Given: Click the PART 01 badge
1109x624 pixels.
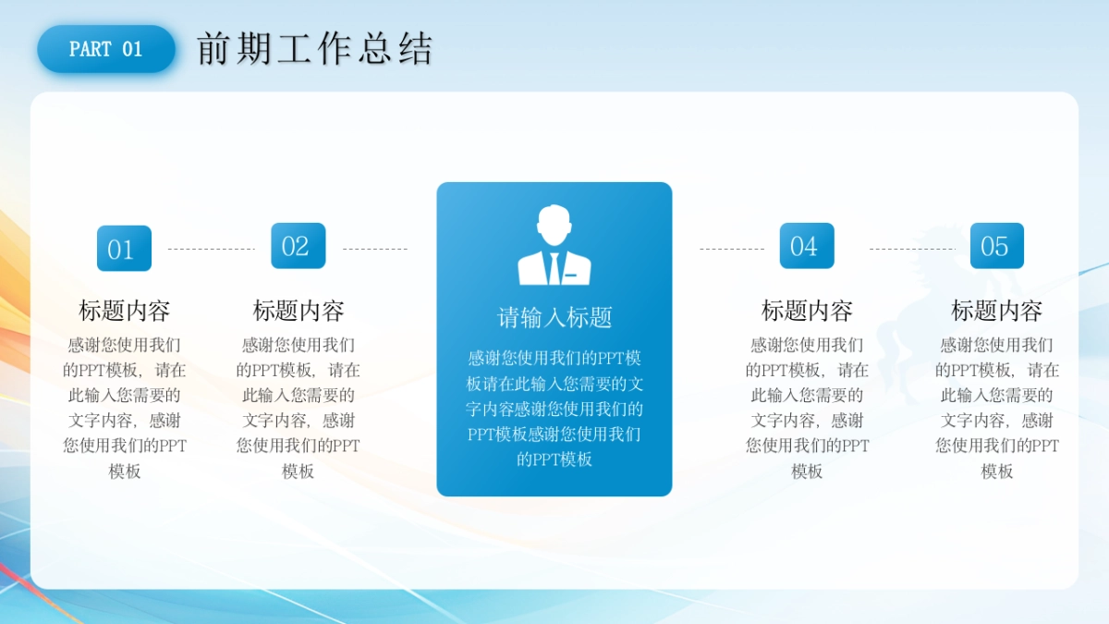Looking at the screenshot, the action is (x=106, y=49).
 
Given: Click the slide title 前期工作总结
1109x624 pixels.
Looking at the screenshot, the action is (x=315, y=48).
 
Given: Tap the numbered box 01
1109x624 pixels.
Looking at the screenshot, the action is (x=124, y=248).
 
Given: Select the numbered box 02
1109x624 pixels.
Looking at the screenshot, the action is (x=298, y=246).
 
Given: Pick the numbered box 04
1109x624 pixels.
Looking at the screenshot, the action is (x=807, y=246).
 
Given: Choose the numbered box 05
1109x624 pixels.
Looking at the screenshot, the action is (x=996, y=246).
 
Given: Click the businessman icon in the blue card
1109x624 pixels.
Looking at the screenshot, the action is (x=554, y=245).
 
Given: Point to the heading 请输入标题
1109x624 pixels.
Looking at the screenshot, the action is (x=554, y=317).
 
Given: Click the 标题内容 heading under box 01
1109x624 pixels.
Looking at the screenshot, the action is (x=124, y=311).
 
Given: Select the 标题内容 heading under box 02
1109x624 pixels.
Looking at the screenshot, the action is (x=298, y=311).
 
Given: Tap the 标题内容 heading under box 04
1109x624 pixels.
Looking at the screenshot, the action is (x=807, y=311).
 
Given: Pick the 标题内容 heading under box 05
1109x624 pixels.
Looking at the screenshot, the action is (x=996, y=311).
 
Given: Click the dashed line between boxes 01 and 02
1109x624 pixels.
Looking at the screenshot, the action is (x=212, y=249).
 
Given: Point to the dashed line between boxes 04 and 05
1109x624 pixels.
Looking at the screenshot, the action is (x=912, y=249).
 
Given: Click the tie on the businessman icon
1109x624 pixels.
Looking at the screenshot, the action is (x=554, y=268).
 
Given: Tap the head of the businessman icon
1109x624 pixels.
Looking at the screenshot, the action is (x=554, y=225).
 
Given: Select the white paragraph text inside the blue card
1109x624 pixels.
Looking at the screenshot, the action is (x=554, y=409).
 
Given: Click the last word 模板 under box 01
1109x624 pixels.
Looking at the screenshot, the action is (x=124, y=471).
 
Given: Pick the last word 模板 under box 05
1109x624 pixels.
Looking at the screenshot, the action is (x=996, y=471).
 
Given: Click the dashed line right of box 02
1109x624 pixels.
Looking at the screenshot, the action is (x=375, y=249).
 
